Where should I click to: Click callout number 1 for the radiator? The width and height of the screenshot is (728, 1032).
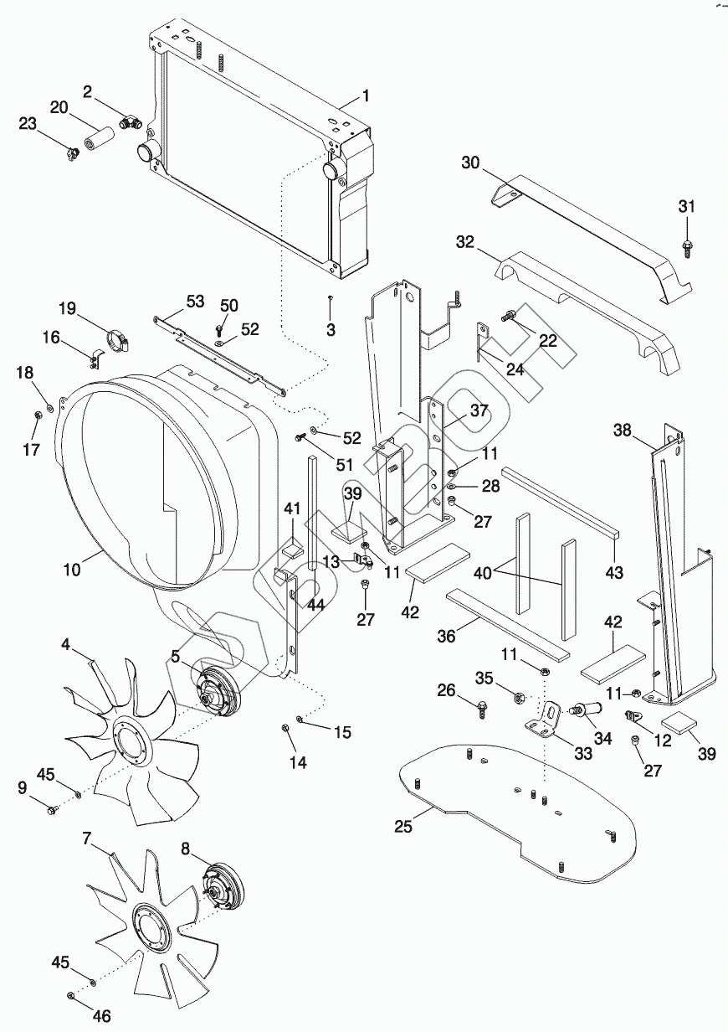pos(365,95)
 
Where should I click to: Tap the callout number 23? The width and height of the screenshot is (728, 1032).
pos(28,124)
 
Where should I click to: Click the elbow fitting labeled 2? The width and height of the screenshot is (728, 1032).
pos(129,123)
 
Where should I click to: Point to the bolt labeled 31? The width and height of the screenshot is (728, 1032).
pos(685,245)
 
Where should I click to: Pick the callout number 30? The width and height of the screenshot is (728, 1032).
pos(470,163)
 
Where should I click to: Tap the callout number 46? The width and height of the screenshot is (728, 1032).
pos(101,1016)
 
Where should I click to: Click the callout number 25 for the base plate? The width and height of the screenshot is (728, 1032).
pos(404,828)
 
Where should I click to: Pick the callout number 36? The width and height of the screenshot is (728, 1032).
pos(447,636)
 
